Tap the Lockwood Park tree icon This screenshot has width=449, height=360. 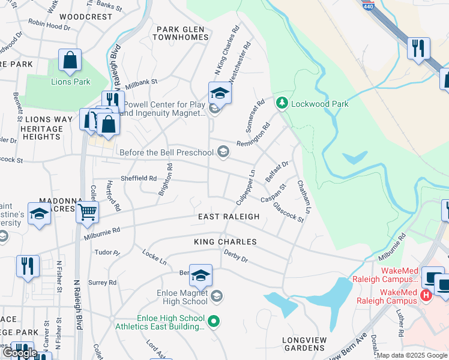click(282, 103)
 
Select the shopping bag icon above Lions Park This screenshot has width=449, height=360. click(70, 61)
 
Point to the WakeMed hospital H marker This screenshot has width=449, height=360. click(426, 295)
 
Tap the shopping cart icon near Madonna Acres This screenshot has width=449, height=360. click(88, 211)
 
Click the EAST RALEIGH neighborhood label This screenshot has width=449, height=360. click(229, 217)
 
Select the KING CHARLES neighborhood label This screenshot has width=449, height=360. click(225, 242)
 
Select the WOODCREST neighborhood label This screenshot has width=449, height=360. click(86, 17)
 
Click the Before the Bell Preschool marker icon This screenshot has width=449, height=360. click(223, 151)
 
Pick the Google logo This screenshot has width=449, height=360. click(20, 353)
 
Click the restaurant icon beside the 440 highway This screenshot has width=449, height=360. click(418, 47)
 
